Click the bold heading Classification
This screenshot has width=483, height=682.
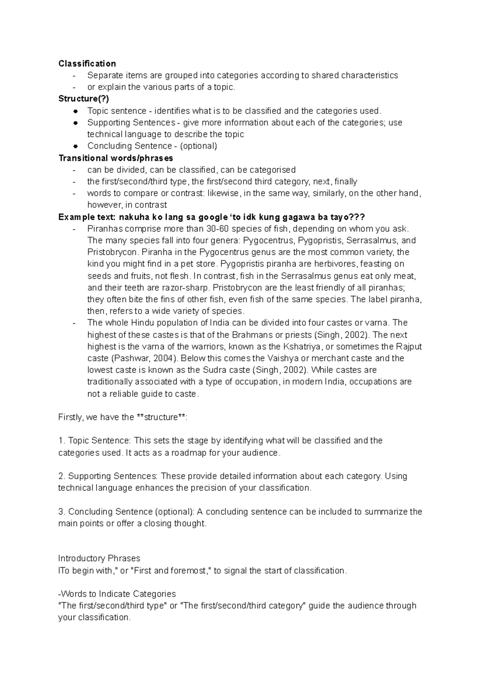[87, 64]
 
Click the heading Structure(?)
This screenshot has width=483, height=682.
[83, 99]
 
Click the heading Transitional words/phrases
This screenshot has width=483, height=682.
[116, 158]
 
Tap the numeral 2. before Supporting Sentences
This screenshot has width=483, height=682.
[62, 476]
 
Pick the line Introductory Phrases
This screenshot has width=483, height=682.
[99, 558]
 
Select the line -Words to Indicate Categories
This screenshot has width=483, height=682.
[117, 594]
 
